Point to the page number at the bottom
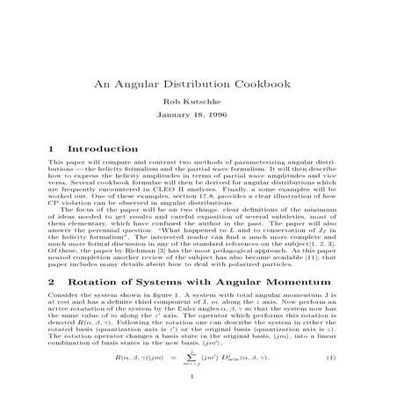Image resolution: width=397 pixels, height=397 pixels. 198,379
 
